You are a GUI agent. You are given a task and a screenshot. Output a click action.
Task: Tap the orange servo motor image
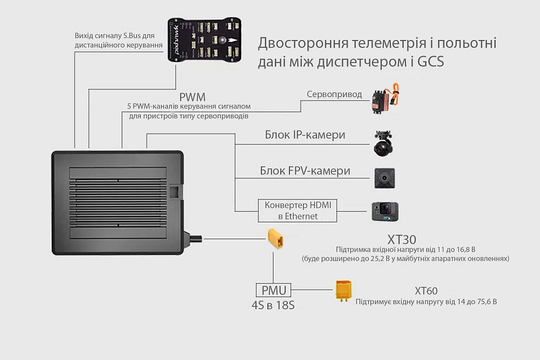click(384, 99)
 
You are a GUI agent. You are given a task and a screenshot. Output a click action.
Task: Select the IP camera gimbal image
click(384, 142)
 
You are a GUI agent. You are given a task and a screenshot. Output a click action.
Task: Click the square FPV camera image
click(384, 178)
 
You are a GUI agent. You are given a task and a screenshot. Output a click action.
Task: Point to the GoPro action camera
click(384, 212)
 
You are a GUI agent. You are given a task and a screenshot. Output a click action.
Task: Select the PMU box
click(273, 290)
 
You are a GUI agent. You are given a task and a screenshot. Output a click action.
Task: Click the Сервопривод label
click(334, 94)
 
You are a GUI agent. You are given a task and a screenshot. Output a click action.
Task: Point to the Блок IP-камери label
click(305, 134)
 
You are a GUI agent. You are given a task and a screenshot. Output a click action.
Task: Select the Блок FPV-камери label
click(305, 171)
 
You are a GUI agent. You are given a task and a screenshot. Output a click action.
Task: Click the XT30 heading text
click(402, 239)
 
